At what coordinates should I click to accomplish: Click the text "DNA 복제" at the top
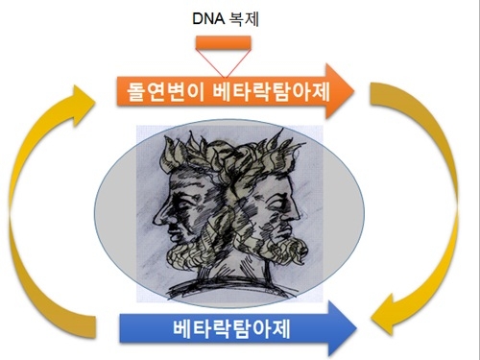pos(223,17)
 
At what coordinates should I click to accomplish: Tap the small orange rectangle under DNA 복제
pos(223,42)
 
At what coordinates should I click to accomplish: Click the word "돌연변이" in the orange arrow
pos(164,93)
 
